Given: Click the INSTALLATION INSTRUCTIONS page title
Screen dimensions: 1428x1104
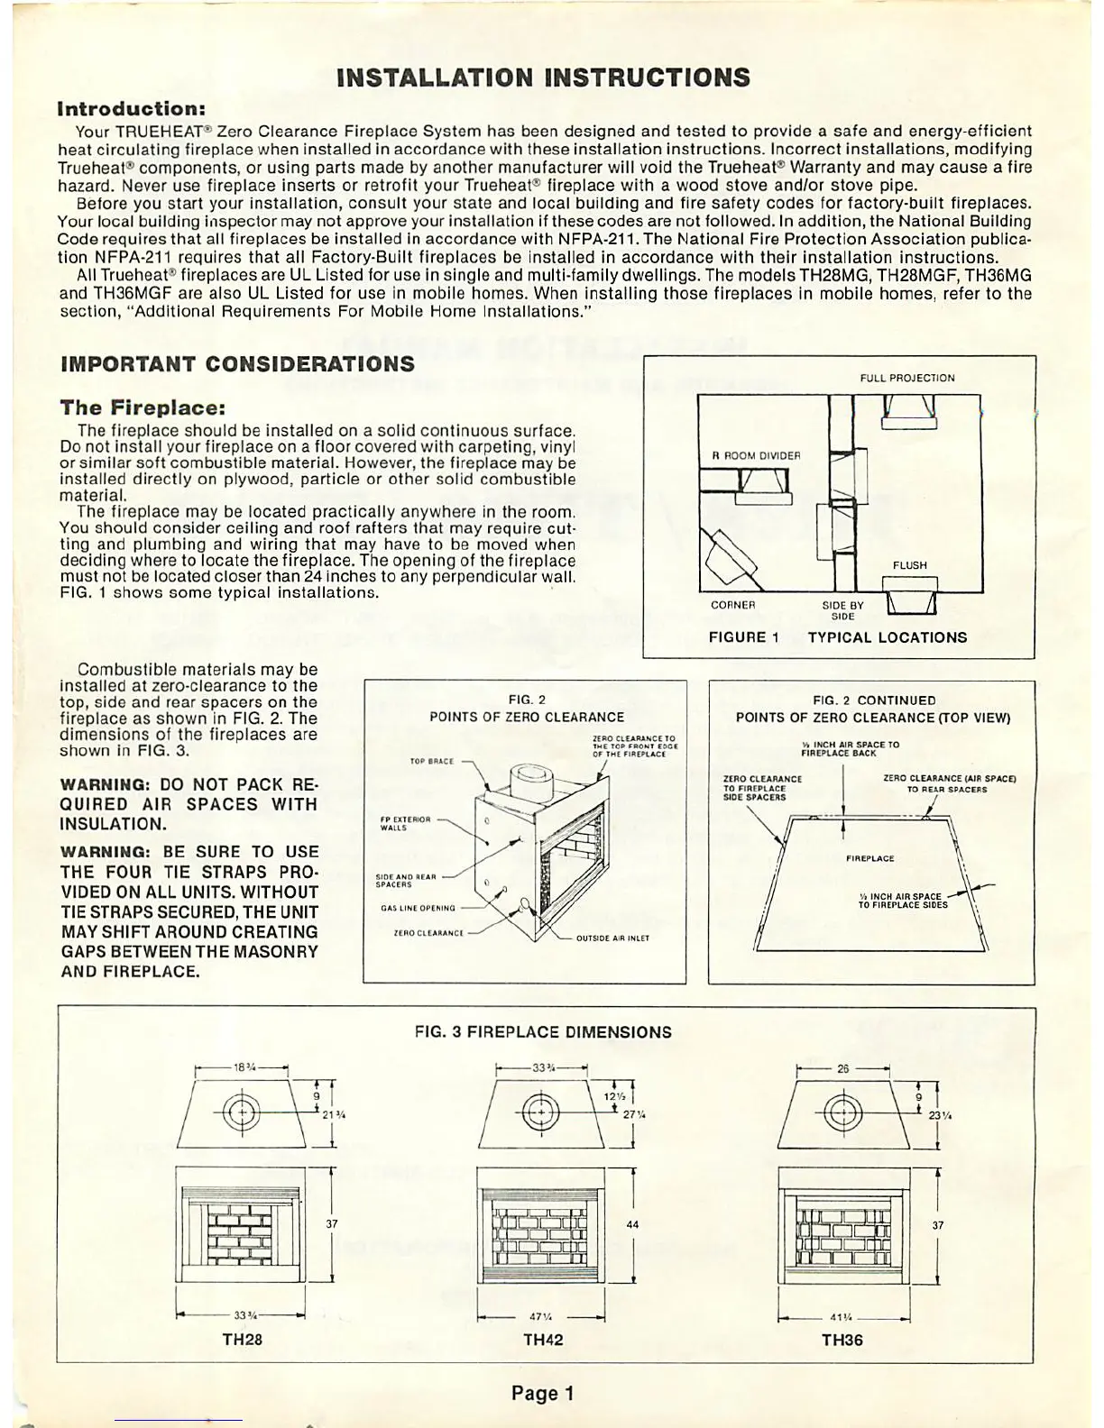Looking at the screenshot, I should pyautogui.click(x=542, y=78).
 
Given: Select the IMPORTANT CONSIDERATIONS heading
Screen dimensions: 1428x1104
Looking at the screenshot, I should pyautogui.click(x=237, y=364).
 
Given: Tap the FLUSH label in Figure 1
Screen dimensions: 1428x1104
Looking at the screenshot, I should pyautogui.click(x=909, y=565).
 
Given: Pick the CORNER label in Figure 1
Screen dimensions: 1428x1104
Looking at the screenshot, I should pyautogui.click(x=731, y=605).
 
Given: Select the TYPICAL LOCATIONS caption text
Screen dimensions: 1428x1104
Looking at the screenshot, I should pyautogui.click(x=887, y=637).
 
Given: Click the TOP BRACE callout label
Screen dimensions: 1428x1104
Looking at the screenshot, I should pyautogui.click(x=431, y=762).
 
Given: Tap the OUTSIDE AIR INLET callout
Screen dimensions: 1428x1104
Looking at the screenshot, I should pyautogui.click(x=612, y=938).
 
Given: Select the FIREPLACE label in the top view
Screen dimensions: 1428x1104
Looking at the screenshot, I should pyautogui.click(x=869, y=858).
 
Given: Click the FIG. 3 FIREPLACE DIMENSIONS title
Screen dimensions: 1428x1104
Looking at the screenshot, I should pyautogui.click(x=543, y=1032).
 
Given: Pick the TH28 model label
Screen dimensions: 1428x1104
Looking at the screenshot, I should pyautogui.click(x=242, y=1340).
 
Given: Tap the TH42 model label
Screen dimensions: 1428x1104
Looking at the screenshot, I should pyautogui.click(x=543, y=1340).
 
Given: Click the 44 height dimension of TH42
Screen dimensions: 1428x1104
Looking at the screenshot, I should pyautogui.click(x=632, y=1225).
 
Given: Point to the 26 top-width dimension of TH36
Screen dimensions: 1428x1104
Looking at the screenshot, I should pyautogui.click(x=842, y=1068).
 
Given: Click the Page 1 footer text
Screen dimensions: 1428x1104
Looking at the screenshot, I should pyautogui.click(x=542, y=1394).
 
